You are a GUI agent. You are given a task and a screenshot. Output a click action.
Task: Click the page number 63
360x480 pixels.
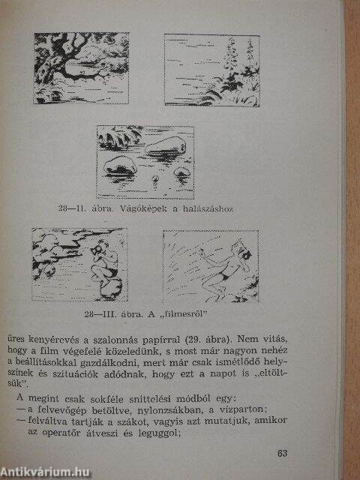283,453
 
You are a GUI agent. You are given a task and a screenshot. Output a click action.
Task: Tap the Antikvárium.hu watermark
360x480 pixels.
45,472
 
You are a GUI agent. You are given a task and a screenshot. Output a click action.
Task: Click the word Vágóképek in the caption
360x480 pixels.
143,209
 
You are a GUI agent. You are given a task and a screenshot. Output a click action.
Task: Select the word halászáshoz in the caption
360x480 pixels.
208,209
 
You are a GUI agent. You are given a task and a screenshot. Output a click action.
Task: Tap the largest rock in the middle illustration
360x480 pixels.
163,148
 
